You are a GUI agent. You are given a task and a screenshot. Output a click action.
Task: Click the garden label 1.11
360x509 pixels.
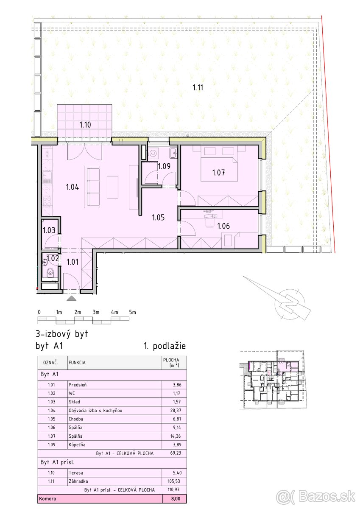click(198, 87)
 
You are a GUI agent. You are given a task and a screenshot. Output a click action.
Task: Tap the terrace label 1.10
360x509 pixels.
click(85, 125)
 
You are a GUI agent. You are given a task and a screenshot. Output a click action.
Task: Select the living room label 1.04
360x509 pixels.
click(73, 187)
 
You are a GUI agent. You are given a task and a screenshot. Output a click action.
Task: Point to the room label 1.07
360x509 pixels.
click(218, 173)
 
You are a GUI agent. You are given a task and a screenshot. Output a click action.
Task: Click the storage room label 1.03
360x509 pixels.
click(49, 230)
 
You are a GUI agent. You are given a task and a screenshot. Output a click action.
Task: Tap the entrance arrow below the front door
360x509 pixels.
click(72, 298)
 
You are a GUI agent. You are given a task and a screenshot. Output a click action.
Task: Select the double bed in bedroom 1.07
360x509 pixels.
click(219, 169)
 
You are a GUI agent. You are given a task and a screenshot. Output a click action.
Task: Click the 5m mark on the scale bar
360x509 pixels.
click(132, 312)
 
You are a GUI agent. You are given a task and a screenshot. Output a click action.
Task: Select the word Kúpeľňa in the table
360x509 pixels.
click(77, 445)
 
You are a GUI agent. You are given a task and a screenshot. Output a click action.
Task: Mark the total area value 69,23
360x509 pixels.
click(176, 453)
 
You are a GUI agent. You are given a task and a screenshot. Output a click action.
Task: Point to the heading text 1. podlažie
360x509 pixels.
click(165, 346)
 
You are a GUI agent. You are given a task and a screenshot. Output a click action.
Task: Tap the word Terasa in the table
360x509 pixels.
click(76, 473)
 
